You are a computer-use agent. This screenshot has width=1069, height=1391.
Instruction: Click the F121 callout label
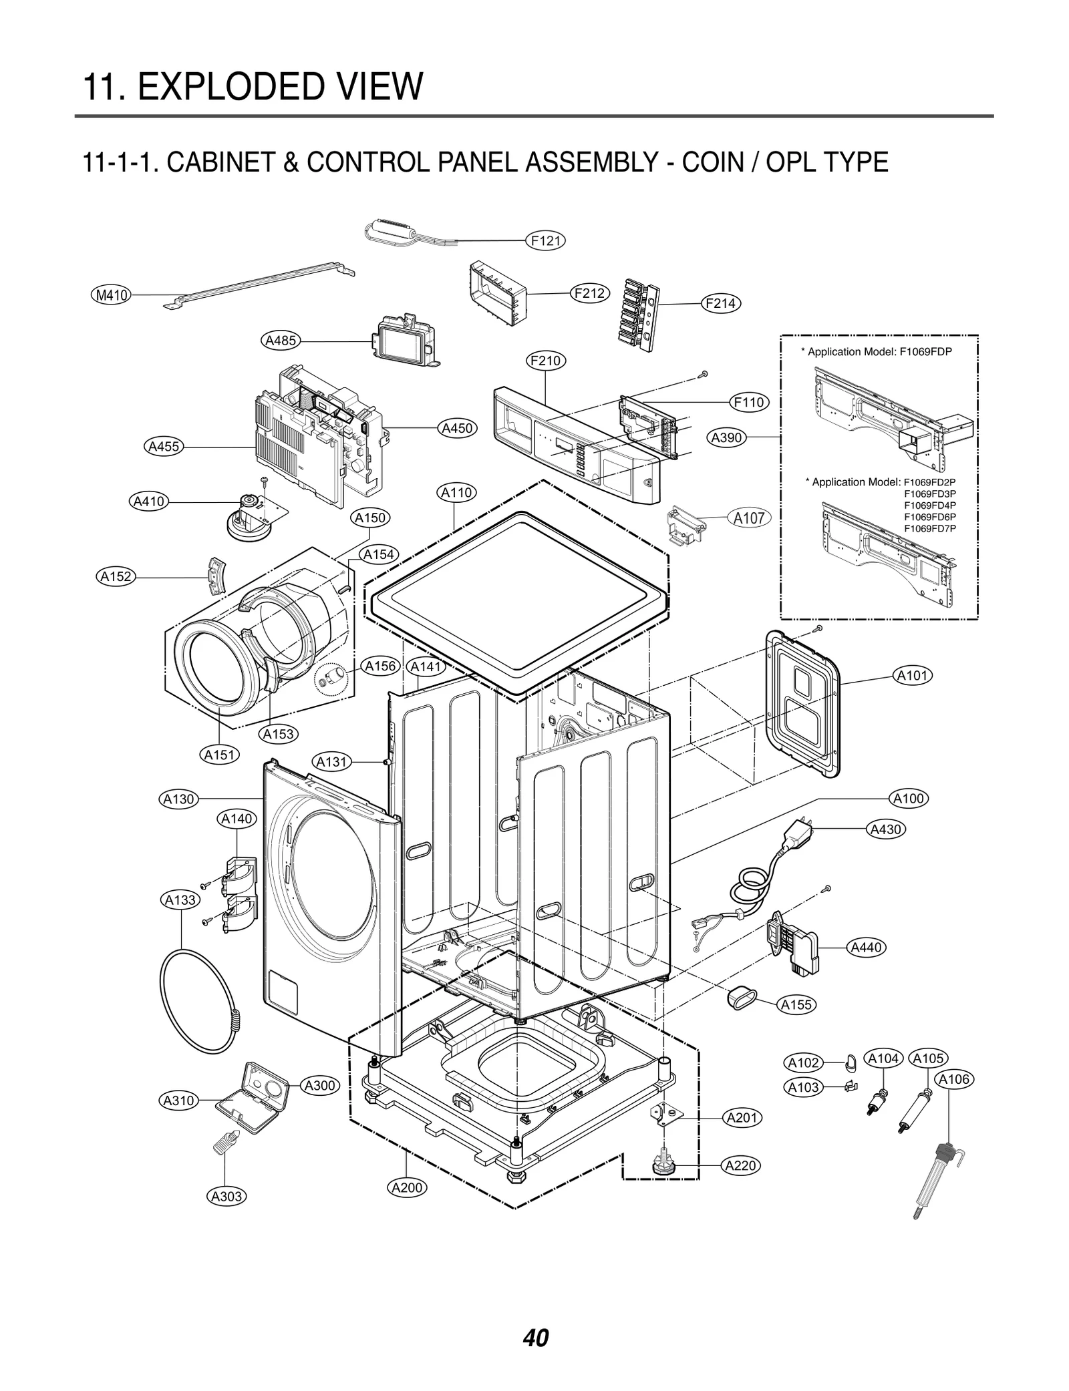tap(546, 241)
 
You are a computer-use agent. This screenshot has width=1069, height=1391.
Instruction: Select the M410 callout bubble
tap(111, 294)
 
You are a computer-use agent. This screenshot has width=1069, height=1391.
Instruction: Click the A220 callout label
tap(741, 1165)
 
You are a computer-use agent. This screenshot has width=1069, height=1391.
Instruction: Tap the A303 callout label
tap(226, 1196)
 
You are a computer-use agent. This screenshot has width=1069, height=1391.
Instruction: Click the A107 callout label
tap(748, 518)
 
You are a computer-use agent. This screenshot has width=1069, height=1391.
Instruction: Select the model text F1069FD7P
tap(929, 529)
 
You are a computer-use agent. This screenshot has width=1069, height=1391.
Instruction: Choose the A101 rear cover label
tap(913, 676)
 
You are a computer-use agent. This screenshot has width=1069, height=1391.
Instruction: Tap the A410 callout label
tap(149, 501)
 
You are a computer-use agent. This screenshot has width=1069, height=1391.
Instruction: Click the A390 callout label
tap(726, 438)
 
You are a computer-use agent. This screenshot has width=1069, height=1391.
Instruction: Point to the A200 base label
tap(407, 1187)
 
